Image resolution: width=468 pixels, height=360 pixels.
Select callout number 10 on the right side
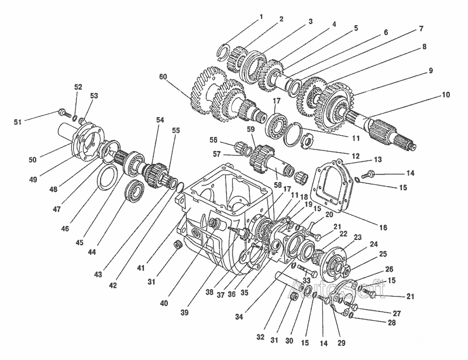(446, 95)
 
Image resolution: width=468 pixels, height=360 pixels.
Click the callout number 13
(377, 159)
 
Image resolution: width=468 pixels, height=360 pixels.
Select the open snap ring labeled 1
(222, 51)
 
